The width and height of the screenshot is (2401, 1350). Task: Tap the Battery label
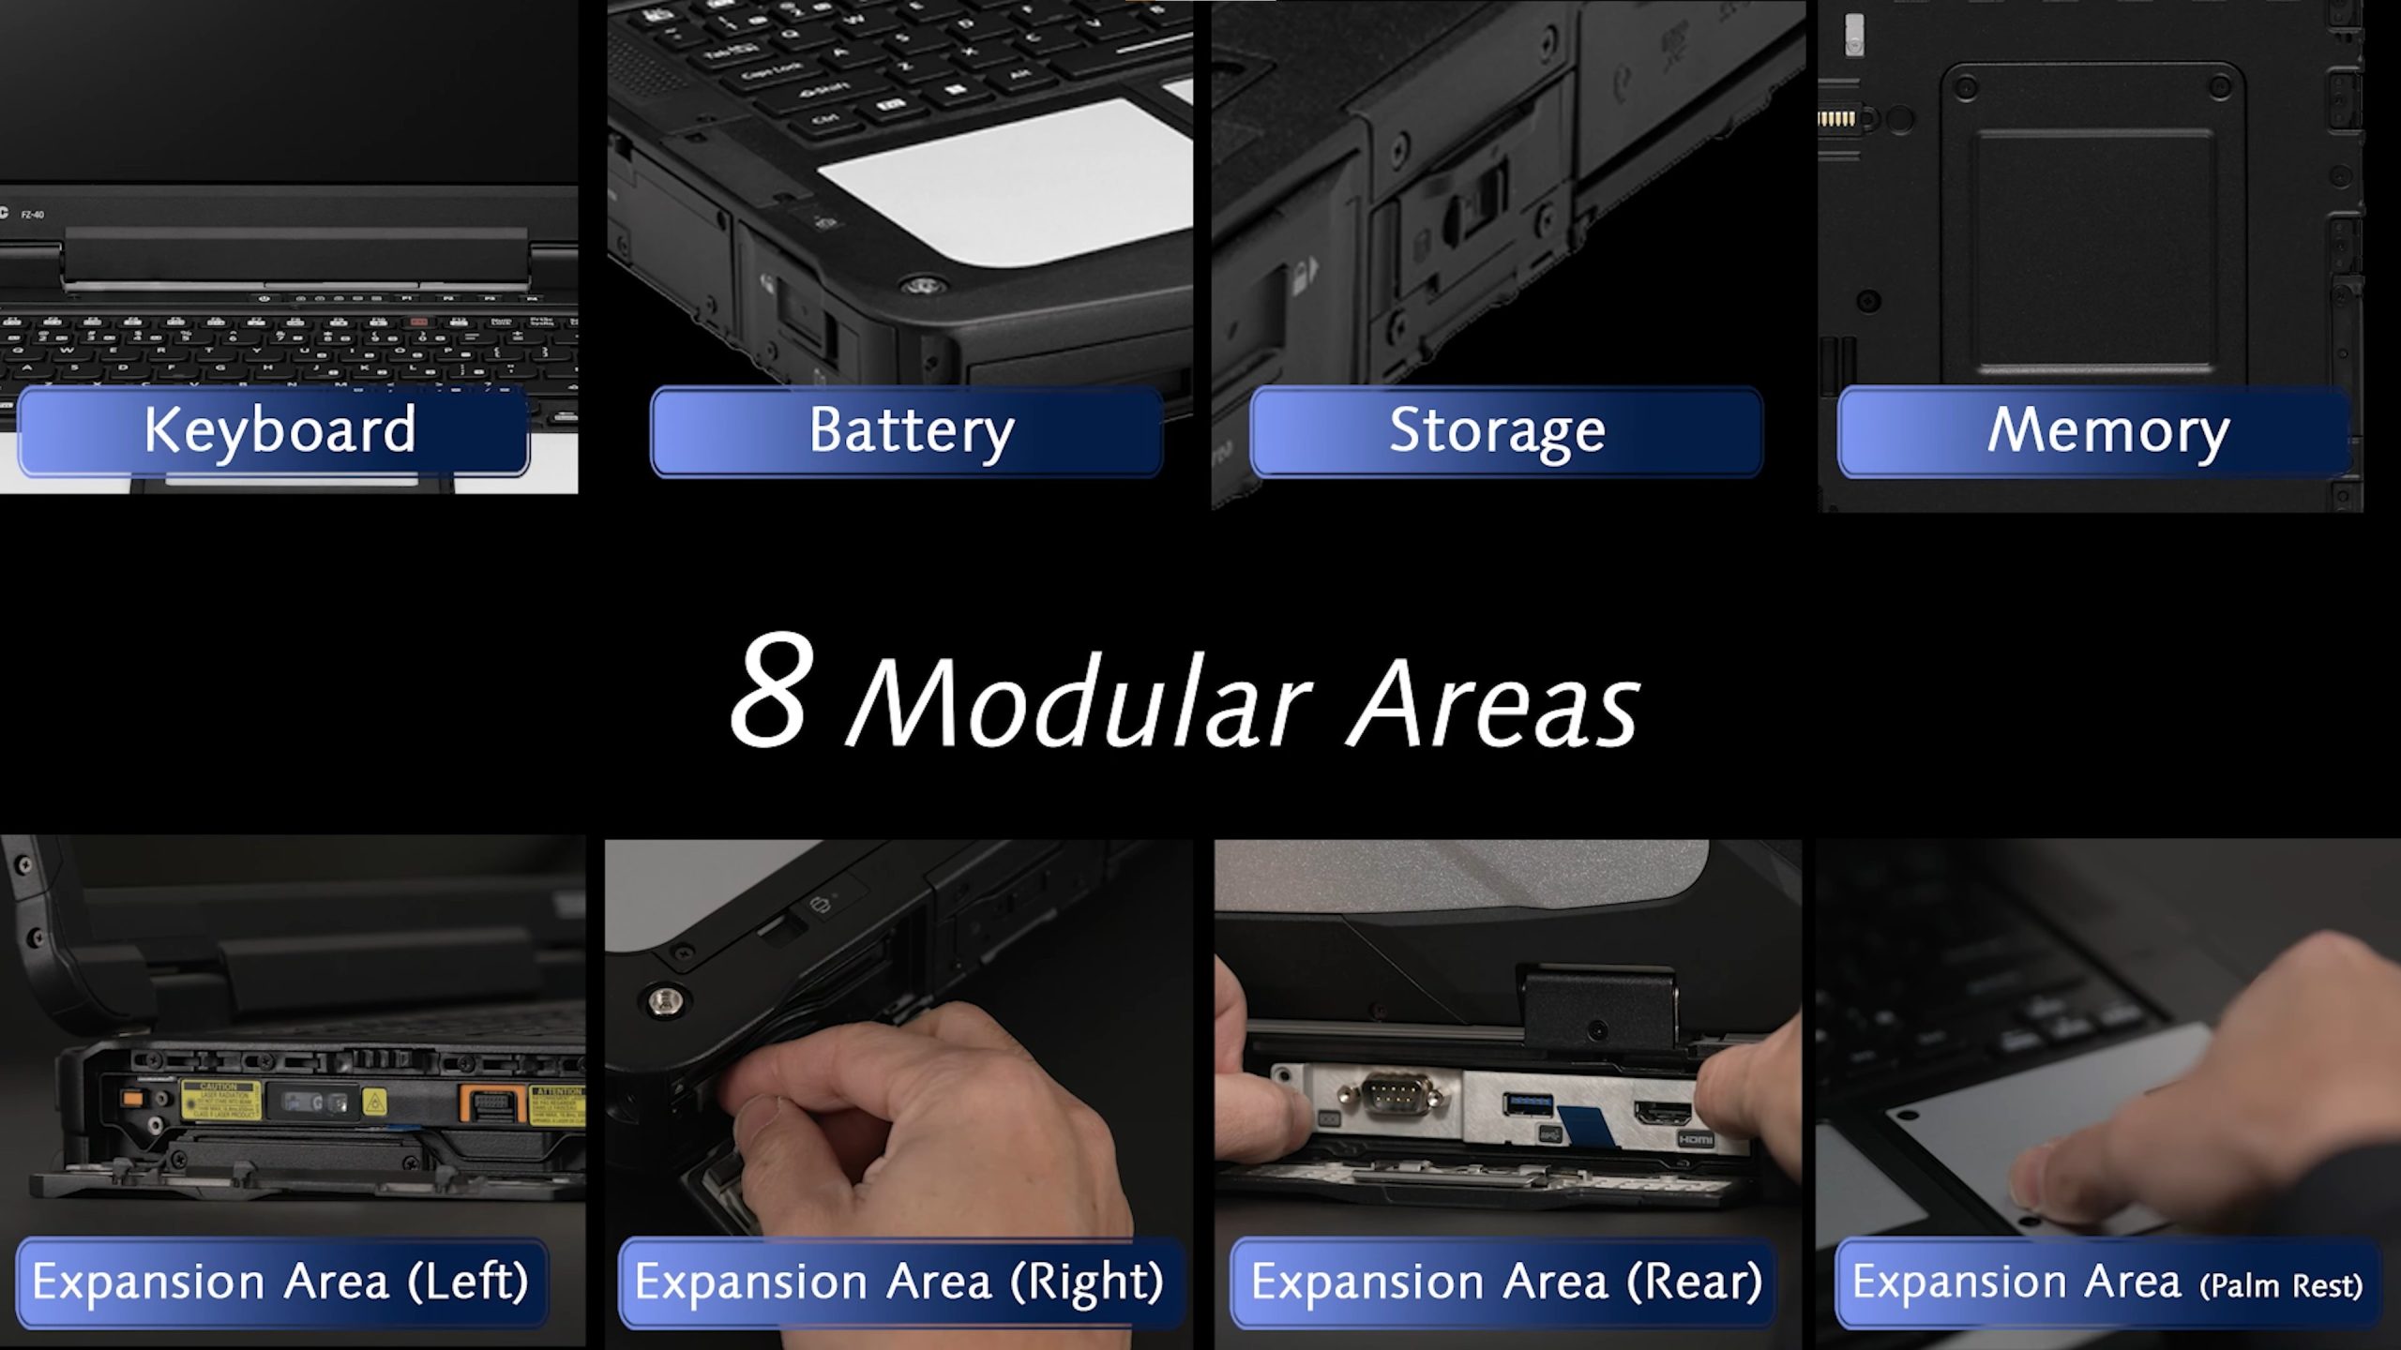point(907,431)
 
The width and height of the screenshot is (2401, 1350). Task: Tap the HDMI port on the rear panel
point(1664,1114)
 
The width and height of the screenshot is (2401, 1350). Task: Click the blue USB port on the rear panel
point(1527,1104)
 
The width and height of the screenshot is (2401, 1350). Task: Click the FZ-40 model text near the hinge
point(33,215)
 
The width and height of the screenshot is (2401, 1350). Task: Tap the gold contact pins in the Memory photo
point(1835,119)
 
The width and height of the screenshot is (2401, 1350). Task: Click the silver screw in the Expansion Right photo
point(665,999)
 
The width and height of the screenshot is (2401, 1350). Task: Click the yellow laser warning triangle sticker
point(373,1102)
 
